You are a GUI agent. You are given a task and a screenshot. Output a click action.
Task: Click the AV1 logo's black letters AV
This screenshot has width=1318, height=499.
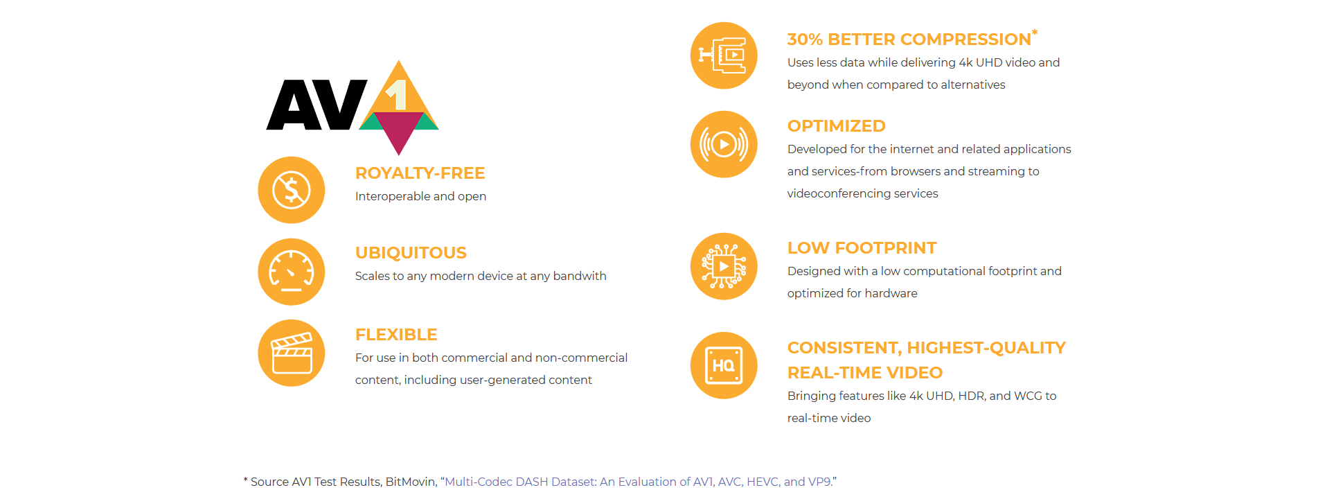pyautogui.click(x=317, y=105)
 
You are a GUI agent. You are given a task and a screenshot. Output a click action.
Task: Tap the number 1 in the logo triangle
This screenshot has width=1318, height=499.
pyautogui.click(x=396, y=95)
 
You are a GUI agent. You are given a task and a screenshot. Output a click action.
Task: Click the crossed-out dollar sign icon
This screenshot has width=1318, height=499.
pyautogui.click(x=292, y=190)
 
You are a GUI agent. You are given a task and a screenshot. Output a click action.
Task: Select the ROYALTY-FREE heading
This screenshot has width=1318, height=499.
pyautogui.click(x=420, y=173)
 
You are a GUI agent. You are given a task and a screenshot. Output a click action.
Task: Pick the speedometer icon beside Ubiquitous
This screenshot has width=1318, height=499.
pyautogui.click(x=292, y=272)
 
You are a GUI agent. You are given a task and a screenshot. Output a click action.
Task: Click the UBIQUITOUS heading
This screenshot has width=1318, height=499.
pyautogui.click(x=411, y=253)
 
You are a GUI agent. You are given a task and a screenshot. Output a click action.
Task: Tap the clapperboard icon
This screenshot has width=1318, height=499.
pyautogui.click(x=292, y=353)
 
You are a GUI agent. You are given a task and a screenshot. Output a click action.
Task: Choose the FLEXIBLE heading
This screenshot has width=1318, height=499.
pyautogui.click(x=396, y=335)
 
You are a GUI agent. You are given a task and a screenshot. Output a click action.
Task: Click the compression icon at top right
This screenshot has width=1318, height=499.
pyautogui.click(x=724, y=55)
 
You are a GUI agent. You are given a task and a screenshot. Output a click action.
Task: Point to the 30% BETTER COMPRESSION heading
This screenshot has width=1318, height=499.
pyautogui.click(x=909, y=40)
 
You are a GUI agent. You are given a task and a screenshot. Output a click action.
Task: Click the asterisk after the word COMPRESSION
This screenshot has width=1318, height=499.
pyautogui.click(x=1035, y=33)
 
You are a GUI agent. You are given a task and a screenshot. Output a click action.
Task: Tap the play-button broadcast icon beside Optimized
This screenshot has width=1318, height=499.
pyautogui.click(x=724, y=144)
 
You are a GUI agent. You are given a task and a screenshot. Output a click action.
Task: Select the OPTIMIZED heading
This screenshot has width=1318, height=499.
pyautogui.click(x=836, y=126)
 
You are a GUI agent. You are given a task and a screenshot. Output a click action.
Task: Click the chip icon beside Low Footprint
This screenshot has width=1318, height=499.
pyautogui.click(x=724, y=266)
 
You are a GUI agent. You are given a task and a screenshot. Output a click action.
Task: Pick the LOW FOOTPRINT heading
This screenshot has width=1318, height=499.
pyautogui.click(x=862, y=248)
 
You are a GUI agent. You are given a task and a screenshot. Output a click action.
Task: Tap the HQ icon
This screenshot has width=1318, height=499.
pyautogui.click(x=724, y=365)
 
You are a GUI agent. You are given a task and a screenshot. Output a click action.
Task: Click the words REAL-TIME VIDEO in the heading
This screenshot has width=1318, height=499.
pyautogui.click(x=865, y=373)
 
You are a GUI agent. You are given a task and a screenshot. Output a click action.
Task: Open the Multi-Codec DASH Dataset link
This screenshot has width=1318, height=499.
pyautogui.click(x=638, y=482)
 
